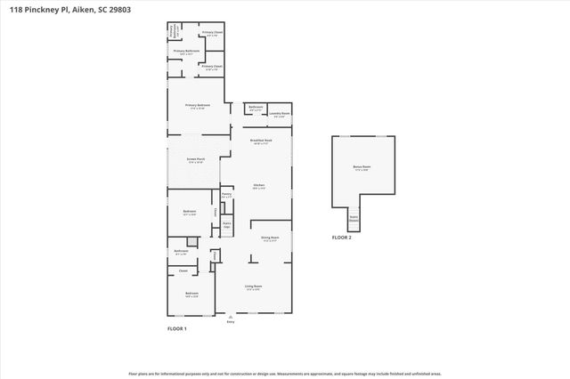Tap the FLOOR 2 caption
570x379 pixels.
pyautogui.click(x=342, y=238)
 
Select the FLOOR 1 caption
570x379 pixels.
pyautogui.click(x=177, y=328)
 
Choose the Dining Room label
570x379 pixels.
pyautogui.click(x=270, y=238)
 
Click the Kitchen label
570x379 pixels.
pyautogui.click(x=259, y=185)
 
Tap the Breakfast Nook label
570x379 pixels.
pyautogui.click(x=261, y=141)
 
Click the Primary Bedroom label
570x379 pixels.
pyautogui.click(x=196, y=106)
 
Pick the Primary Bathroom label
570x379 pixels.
pyautogui.click(x=186, y=52)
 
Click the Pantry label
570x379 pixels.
pyautogui.click(x=227, y=194)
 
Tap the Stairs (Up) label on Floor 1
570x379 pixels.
pyautogui.click(x=227, y=224)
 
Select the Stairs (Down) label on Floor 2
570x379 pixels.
pyautogui.click(x=354, y=217)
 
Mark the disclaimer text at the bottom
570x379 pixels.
pyautogui.click(x=284, y=374)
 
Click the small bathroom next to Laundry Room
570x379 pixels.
pyautogui.click(x=256, y=109)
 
